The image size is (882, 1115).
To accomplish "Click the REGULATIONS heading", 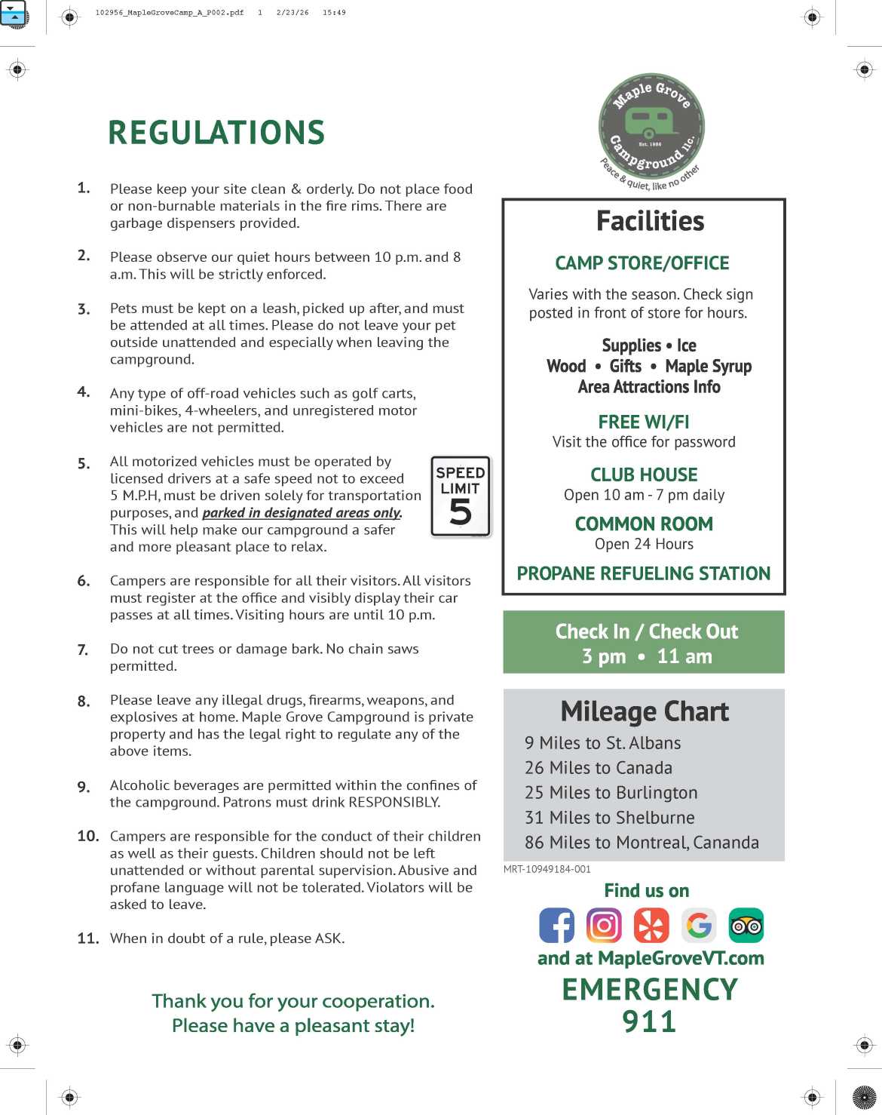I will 216,133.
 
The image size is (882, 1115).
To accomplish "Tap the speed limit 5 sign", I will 461,496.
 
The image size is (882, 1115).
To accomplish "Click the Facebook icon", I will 556,925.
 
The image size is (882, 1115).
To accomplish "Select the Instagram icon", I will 604,925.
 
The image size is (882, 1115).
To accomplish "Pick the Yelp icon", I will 651,925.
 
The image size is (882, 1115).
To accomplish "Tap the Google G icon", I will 699,925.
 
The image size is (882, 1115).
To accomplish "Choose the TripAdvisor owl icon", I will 746,925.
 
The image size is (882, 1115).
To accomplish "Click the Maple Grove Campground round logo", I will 651,127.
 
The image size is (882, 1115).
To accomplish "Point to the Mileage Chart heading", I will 645,711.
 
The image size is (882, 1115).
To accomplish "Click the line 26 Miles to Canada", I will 599,768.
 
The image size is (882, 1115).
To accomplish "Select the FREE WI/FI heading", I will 644,422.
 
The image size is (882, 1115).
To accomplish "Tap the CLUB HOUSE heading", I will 644,475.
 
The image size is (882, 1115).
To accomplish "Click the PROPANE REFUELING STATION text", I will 644,573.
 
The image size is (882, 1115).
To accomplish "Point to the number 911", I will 649,1021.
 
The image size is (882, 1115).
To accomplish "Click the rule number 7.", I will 83,650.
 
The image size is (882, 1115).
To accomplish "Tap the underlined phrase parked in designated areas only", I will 302,513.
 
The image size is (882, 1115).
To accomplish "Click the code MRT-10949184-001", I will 547,869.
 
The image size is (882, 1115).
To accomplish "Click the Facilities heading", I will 650,221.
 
